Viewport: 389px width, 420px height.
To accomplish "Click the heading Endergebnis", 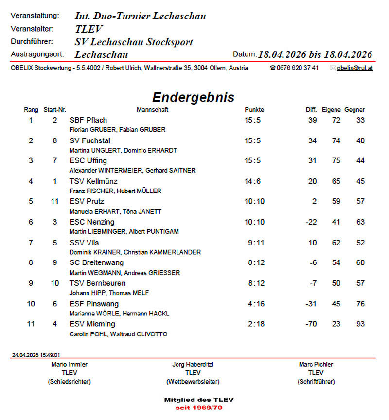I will pos(193,97).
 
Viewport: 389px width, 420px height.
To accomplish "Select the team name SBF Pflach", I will pos(88,120).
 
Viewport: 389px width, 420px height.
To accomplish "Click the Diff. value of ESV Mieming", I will pos(311,324).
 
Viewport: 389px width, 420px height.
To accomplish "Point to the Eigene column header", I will pos(331,110).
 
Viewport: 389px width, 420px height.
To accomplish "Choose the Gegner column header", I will pos(354,110).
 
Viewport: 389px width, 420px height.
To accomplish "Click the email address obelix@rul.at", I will pos(355,68).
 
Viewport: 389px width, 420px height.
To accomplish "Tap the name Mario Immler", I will pos(70,364).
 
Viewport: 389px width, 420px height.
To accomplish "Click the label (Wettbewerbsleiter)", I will pos(193,382).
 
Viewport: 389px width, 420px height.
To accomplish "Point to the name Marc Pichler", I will pos(316,364).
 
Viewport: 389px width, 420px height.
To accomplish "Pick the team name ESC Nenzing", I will pos(92,222).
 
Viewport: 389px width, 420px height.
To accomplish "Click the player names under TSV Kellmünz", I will pos(115,191).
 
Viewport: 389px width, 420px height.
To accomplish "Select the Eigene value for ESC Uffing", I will pos(336,161).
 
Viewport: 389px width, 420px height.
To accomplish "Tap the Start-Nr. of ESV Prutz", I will pos(55,201).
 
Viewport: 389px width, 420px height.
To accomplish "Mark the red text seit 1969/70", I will pos(199,408).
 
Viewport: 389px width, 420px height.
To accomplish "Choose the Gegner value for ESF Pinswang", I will pos(360,304).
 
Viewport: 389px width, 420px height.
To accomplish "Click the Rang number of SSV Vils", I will pos(31,243).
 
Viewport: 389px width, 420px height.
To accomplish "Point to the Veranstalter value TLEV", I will pos(89,29).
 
